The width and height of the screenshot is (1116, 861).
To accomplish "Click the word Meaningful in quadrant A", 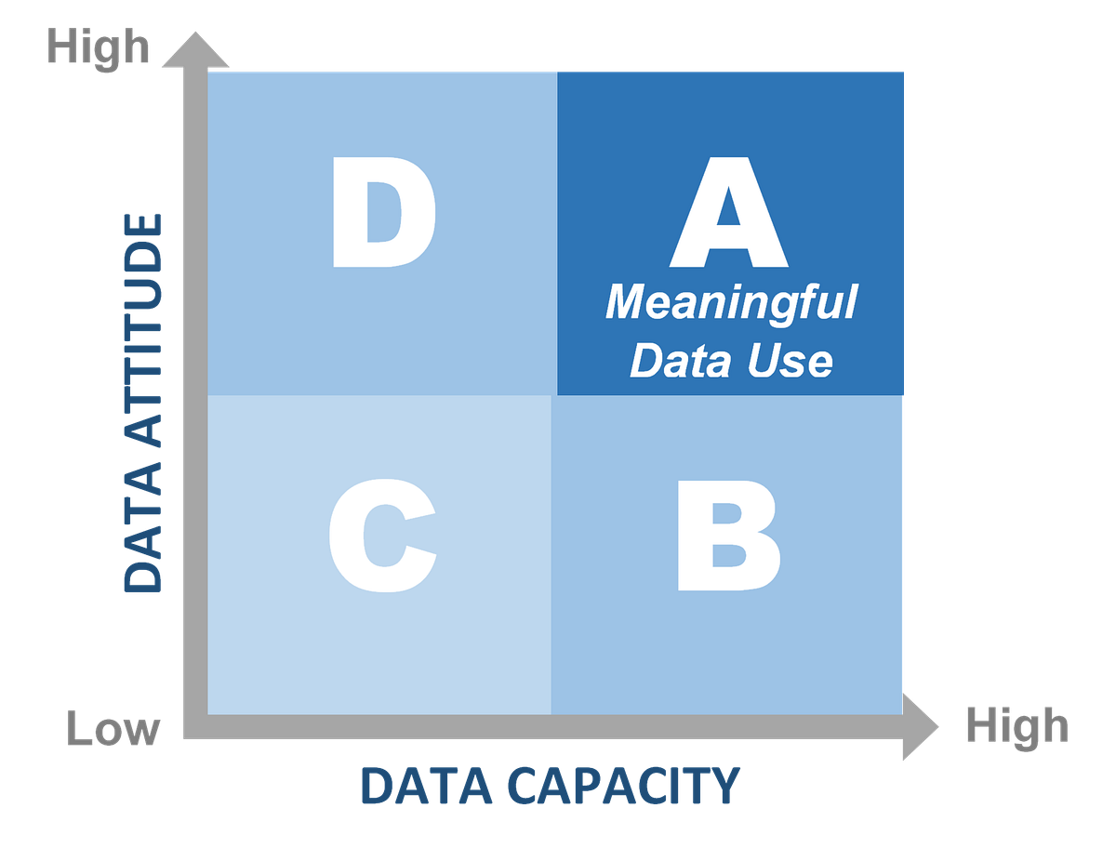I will pyautogui.click(x=731, y=304).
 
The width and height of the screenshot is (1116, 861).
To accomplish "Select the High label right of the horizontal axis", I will pyautogui.click(x=1015, y=725).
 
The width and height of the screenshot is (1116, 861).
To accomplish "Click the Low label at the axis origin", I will pyautogui.click(x=113, y=731).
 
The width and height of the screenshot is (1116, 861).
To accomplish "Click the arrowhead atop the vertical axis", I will pyautogui.click(x=194, y=48).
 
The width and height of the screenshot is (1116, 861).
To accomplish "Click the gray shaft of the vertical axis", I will pyautogui.click(x=194, y=391).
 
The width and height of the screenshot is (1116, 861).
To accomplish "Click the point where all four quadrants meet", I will pyautogui.click(x=555, y=395).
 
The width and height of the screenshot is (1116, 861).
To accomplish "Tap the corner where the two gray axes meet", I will pyautogui.click(x=194, y=728).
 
